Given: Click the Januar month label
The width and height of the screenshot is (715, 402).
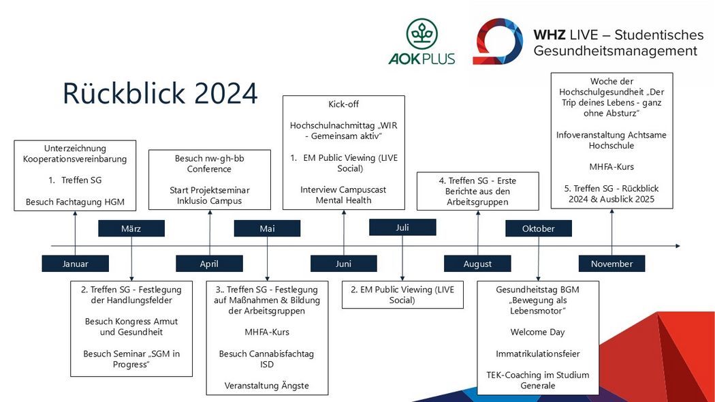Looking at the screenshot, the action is click(75, 264).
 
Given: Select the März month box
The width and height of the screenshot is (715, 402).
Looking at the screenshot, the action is click(131, 229).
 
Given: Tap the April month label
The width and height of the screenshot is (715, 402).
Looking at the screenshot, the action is click(209, 264).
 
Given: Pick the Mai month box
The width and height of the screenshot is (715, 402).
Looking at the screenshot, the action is click(267, 229).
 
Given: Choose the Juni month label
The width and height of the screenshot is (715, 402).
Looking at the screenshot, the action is click(343, 264).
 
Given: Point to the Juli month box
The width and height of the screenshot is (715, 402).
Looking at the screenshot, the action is click(402, 228).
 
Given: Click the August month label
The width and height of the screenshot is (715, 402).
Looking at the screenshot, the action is click(477, 264).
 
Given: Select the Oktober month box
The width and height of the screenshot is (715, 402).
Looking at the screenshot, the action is click(539, 229).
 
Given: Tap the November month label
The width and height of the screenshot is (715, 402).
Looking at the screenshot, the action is click(612, 264).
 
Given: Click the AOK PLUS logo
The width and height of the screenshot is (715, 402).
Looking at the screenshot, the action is click(422, 42).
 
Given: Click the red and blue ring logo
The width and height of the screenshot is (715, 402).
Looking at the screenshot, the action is click(498, 41).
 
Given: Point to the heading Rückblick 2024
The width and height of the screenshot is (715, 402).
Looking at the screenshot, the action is click(160, 93).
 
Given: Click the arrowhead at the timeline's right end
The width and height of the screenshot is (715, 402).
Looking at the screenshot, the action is click(678, 246).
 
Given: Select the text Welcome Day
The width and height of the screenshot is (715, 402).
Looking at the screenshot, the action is click(538, 333).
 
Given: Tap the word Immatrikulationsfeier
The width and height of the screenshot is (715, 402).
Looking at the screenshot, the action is click(538, 354).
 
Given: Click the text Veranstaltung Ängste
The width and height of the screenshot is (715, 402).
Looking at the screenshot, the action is click(267, 386).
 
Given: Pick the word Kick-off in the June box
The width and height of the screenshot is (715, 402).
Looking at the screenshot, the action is click(343, 104).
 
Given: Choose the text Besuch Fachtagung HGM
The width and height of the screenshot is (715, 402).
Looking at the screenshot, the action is click(75, 202).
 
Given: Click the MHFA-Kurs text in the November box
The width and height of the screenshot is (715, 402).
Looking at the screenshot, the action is click(611, 166).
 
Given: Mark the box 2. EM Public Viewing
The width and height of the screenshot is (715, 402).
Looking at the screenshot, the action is click(402, 295).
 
